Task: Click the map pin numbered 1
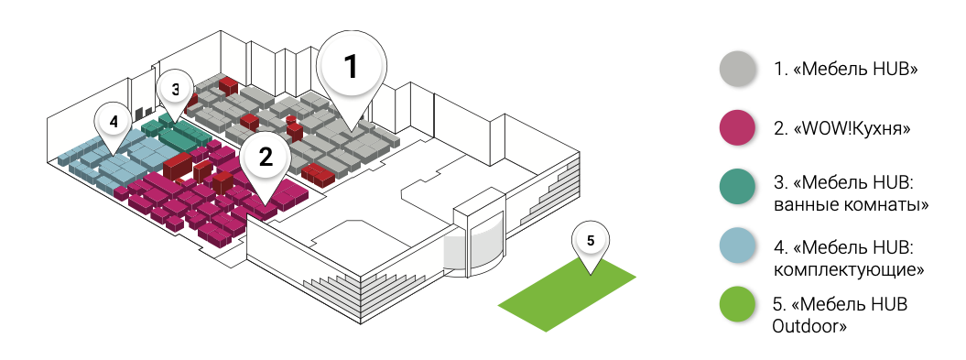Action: click(x=352, y=68)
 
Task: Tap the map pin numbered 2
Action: click(x=266, y=159)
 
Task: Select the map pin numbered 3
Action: click(x=176, y=91)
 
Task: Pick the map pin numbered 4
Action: click(x=114, y=124)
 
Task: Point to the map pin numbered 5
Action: click(x=591, y=243)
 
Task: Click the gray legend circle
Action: click(x=737, y=68)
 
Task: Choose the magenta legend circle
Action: click(x=737, y=127)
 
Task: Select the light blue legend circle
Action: click(x=737, y=246)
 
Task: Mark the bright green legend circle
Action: click(x=737, y=304)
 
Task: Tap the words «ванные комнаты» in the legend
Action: click(x=851, y=204)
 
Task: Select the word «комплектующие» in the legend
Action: click(x=849, y=269)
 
